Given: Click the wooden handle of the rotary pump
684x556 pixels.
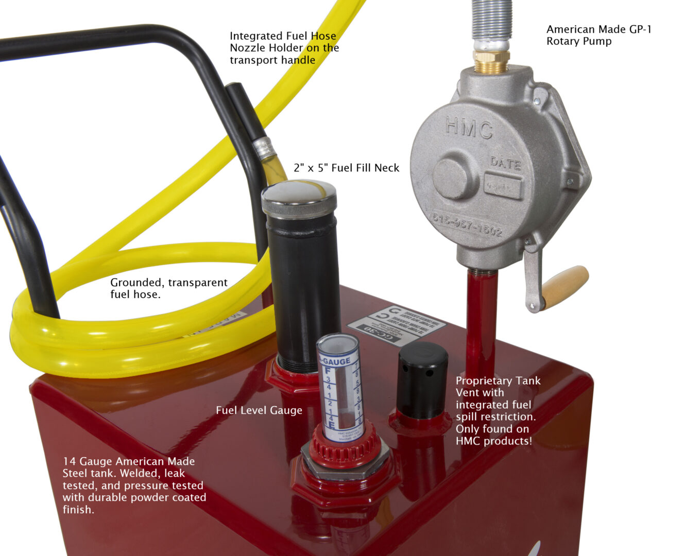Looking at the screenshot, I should [x=565, y=287].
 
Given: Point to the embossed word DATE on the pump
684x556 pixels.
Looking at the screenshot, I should [x=505, y=163].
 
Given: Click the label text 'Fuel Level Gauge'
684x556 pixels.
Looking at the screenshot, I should [x=259, y=410].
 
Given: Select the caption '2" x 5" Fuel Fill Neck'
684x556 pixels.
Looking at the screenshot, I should [x=346, y=168].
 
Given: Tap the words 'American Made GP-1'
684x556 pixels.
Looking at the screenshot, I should [x=598, y=29].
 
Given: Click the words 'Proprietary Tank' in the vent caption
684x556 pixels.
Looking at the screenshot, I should [x=498, y=381].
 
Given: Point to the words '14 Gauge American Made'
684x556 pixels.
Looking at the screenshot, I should [x=129, y=461].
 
